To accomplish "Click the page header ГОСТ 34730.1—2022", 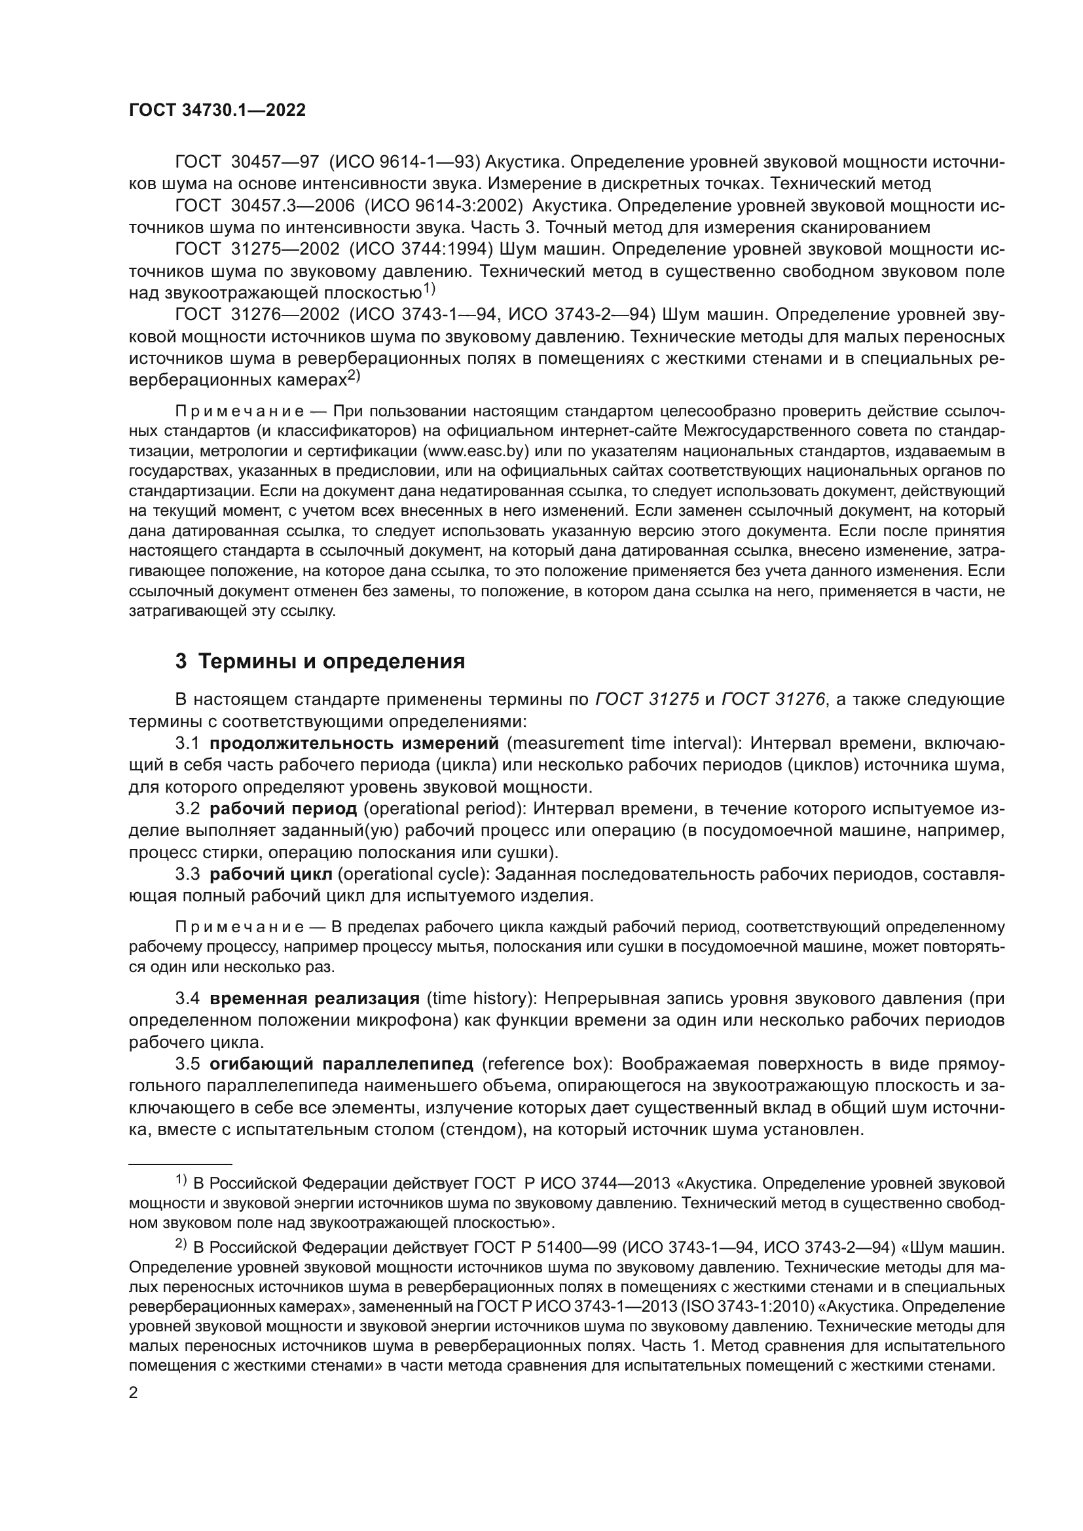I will click(217, 111).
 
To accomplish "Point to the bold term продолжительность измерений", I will click(354, 743).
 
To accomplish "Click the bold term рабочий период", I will click(284, 809).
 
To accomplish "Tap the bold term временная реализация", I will click(314, 998).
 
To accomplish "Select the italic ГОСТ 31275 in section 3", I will click(647, 699).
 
